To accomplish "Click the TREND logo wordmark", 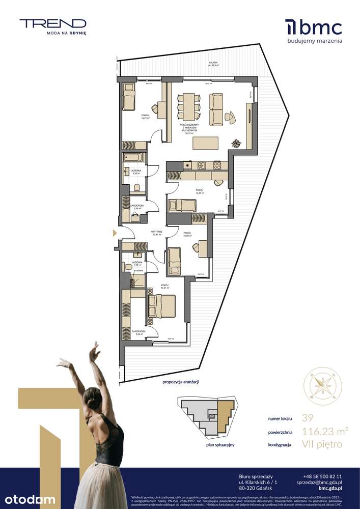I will [53, 23].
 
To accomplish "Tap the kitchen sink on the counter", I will [201, 164].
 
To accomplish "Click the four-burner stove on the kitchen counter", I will [217, 164].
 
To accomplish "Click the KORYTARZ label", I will [156, 232].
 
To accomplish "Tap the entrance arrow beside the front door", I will [115, 233].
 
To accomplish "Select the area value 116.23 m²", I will [325, 432].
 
